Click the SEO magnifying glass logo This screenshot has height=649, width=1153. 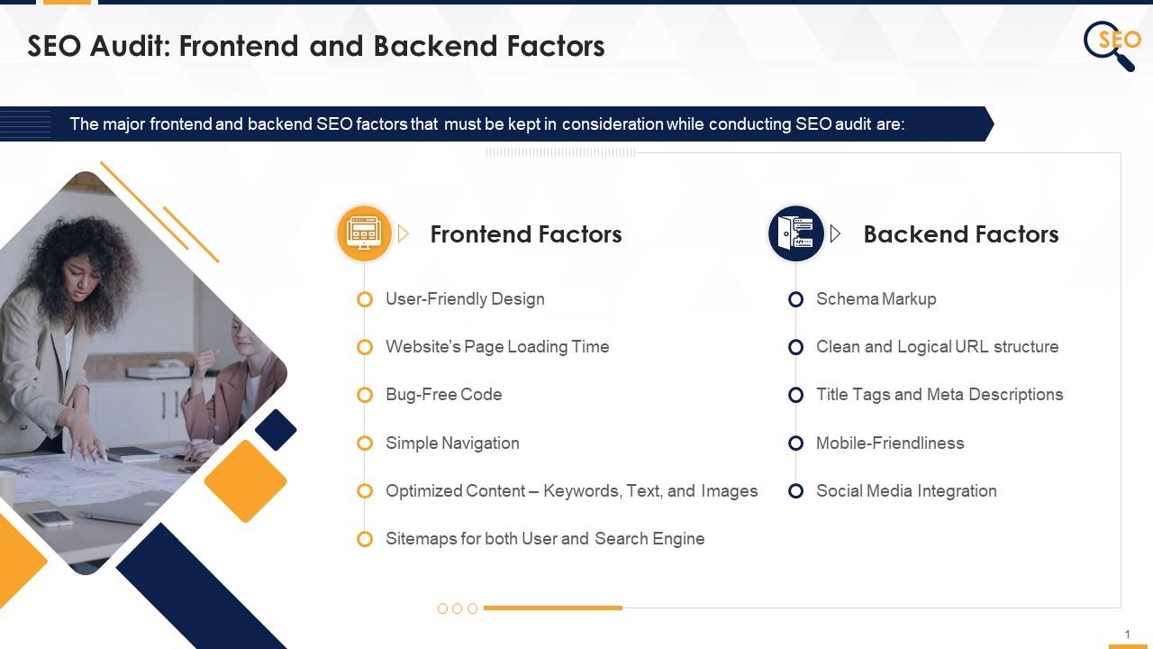coord(1111,44)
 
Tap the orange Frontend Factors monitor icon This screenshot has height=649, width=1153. coord(364,233)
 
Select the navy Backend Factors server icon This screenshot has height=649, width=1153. coord(795,233)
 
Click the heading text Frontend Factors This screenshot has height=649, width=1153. coord(526,234)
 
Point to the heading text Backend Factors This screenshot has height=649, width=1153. coord(960,234)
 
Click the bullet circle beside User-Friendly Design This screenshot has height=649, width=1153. coord(365,299)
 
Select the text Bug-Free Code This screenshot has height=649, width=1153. coord(443,395)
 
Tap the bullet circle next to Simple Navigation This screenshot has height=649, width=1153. coord(365,443)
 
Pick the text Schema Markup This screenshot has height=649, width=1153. coord(876,299)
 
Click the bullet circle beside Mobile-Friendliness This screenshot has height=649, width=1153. coord(795,443)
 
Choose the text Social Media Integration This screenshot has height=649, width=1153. coord(905,491)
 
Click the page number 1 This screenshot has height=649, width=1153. coord(1127,635)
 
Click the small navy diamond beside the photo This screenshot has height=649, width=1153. coord(276,430)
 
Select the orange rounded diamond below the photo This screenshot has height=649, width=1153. coord(245,480)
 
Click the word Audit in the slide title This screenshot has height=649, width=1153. coord(128,47)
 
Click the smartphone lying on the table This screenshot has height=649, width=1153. coord(50,517)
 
